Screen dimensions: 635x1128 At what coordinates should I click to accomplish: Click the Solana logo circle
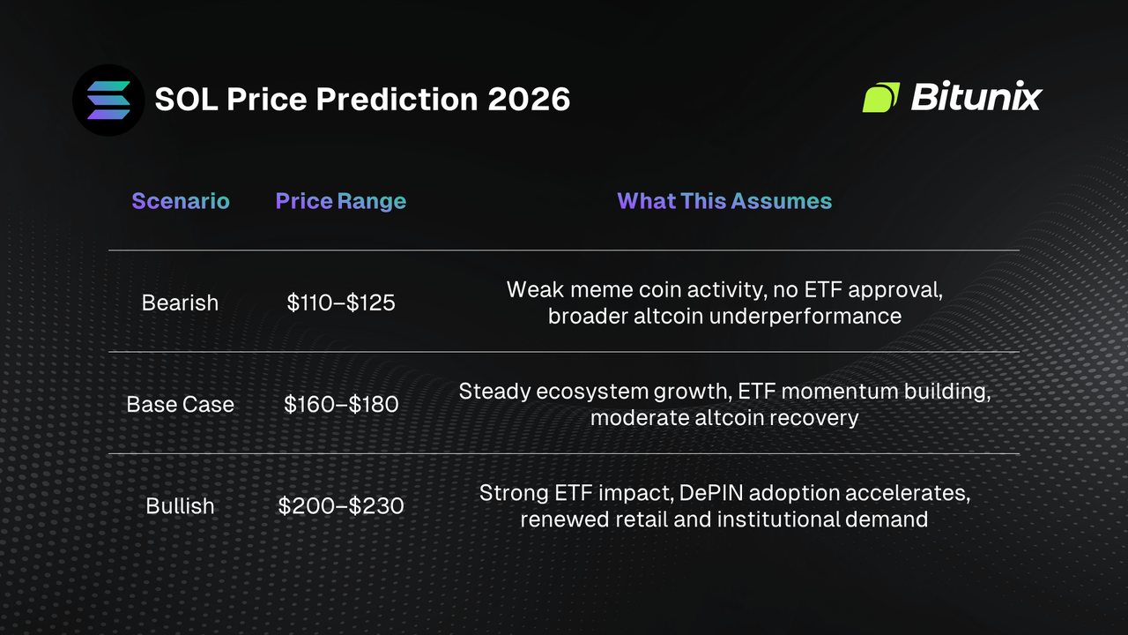click(108, 100)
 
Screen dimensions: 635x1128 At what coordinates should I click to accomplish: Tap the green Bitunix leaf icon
click(880, 97)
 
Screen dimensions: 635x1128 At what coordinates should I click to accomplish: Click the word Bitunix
click(976, 97)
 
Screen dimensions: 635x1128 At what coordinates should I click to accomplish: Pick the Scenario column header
click(181, 201)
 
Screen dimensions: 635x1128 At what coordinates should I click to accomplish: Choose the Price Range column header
click(341, 201)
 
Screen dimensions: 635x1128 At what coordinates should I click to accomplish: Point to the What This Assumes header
click(724, 201)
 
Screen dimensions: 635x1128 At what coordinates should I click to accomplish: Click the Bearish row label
click(180, 303)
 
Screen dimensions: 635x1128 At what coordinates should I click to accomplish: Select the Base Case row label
click(181, 404)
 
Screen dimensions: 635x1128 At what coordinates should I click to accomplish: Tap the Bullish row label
click(180, 506)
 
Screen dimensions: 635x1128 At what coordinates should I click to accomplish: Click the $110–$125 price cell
click(341, 303)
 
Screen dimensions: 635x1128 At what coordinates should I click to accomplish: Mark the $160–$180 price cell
click(341, 404)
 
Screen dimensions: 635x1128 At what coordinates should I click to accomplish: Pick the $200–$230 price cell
click(341, 506)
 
